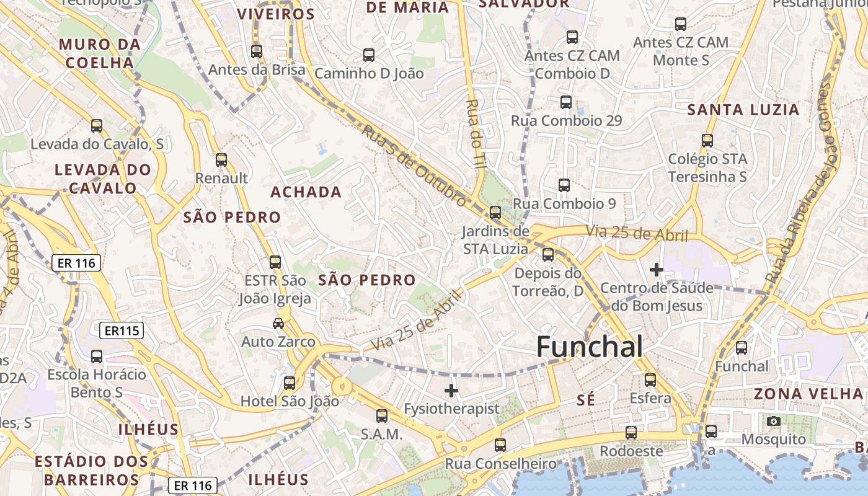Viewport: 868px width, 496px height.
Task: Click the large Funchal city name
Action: coord(589,347)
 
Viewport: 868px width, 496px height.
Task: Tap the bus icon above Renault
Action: coord(221,160)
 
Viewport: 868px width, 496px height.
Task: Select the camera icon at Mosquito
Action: coord(773,422)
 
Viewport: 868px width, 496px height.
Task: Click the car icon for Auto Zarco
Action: coord(278,323)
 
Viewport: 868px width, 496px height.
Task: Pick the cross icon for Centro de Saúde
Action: coord(656,270)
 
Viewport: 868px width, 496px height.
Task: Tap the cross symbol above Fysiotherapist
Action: coord(451,391)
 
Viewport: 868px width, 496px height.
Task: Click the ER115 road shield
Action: coord(122,331)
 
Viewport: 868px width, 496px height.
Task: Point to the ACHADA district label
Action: coord(306,192)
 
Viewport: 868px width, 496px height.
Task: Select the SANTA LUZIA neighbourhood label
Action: coord(743,110)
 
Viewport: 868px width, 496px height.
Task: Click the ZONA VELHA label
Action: coord(808,394)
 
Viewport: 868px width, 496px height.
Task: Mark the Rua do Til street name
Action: coord(476,133)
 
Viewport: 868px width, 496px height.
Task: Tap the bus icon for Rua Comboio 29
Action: coord(566,102)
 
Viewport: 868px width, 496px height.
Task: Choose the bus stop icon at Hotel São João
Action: coord(290,383)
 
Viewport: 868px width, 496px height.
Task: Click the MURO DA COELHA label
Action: coord(100,53)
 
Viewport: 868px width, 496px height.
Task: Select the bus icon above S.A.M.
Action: coord(382,416)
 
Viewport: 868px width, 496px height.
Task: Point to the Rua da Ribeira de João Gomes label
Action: coord(800,183)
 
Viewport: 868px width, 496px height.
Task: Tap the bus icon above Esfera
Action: coord(650,379)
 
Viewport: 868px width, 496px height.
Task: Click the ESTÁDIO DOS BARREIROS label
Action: coord(91,471)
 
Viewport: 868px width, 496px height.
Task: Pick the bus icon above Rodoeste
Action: coord(631,433)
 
